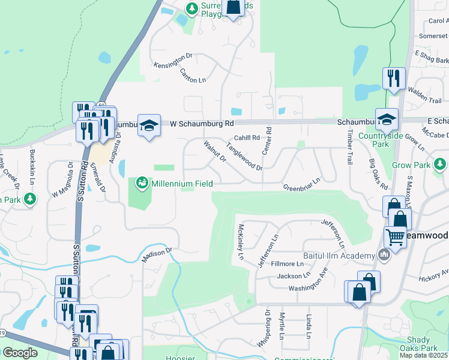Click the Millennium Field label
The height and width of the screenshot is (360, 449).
coord(179,182)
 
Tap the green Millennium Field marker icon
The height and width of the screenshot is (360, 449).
coord(142,182)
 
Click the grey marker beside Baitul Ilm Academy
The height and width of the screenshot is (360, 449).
coord(384,256)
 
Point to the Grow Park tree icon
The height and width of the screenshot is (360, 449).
coord(440,164)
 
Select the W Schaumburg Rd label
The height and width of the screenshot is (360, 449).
coord(201,124)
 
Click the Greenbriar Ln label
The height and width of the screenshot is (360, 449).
coord(302,183)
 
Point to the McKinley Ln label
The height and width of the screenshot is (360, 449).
coord(240,242)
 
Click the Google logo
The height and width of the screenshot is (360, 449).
coord(20,353)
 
